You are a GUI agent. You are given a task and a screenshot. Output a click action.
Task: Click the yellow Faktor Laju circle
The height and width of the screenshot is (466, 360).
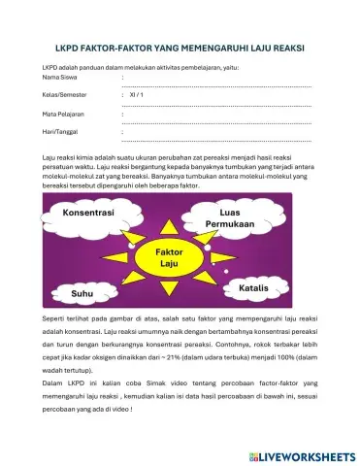[x=169, y=256]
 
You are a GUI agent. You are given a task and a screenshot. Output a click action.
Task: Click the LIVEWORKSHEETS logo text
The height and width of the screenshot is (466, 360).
[x=311, y=455]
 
